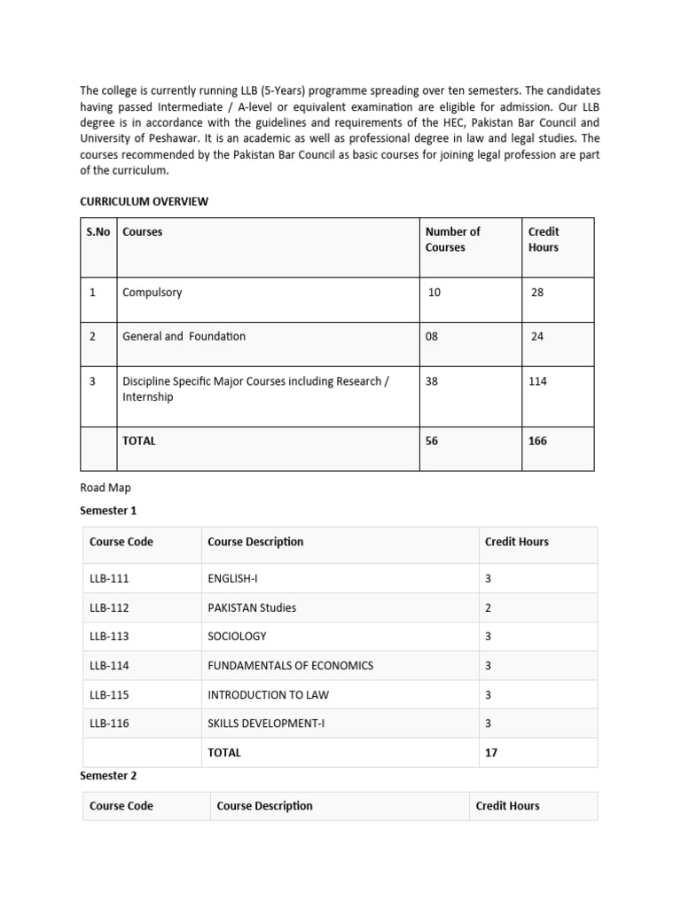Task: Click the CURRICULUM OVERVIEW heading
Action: pos(144,201)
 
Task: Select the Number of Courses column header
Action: pos(452,239)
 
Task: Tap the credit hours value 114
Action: pos(537,381)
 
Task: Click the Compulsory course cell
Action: pos(152,292)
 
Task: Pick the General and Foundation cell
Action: pos(184,336)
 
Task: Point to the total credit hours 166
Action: pos(537,441)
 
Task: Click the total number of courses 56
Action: pos(432,441)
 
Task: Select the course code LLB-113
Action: pos(109,637)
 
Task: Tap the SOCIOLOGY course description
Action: pos(237,637)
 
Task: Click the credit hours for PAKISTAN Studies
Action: pos(488,608)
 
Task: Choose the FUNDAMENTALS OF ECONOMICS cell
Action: pos(290,666)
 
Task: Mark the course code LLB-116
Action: pos(109,724)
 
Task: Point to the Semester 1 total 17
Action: pos(491,753)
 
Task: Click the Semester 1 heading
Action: pos(108,511)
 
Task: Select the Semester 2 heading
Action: pos(108,776)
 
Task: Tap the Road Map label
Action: pos(105,488)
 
